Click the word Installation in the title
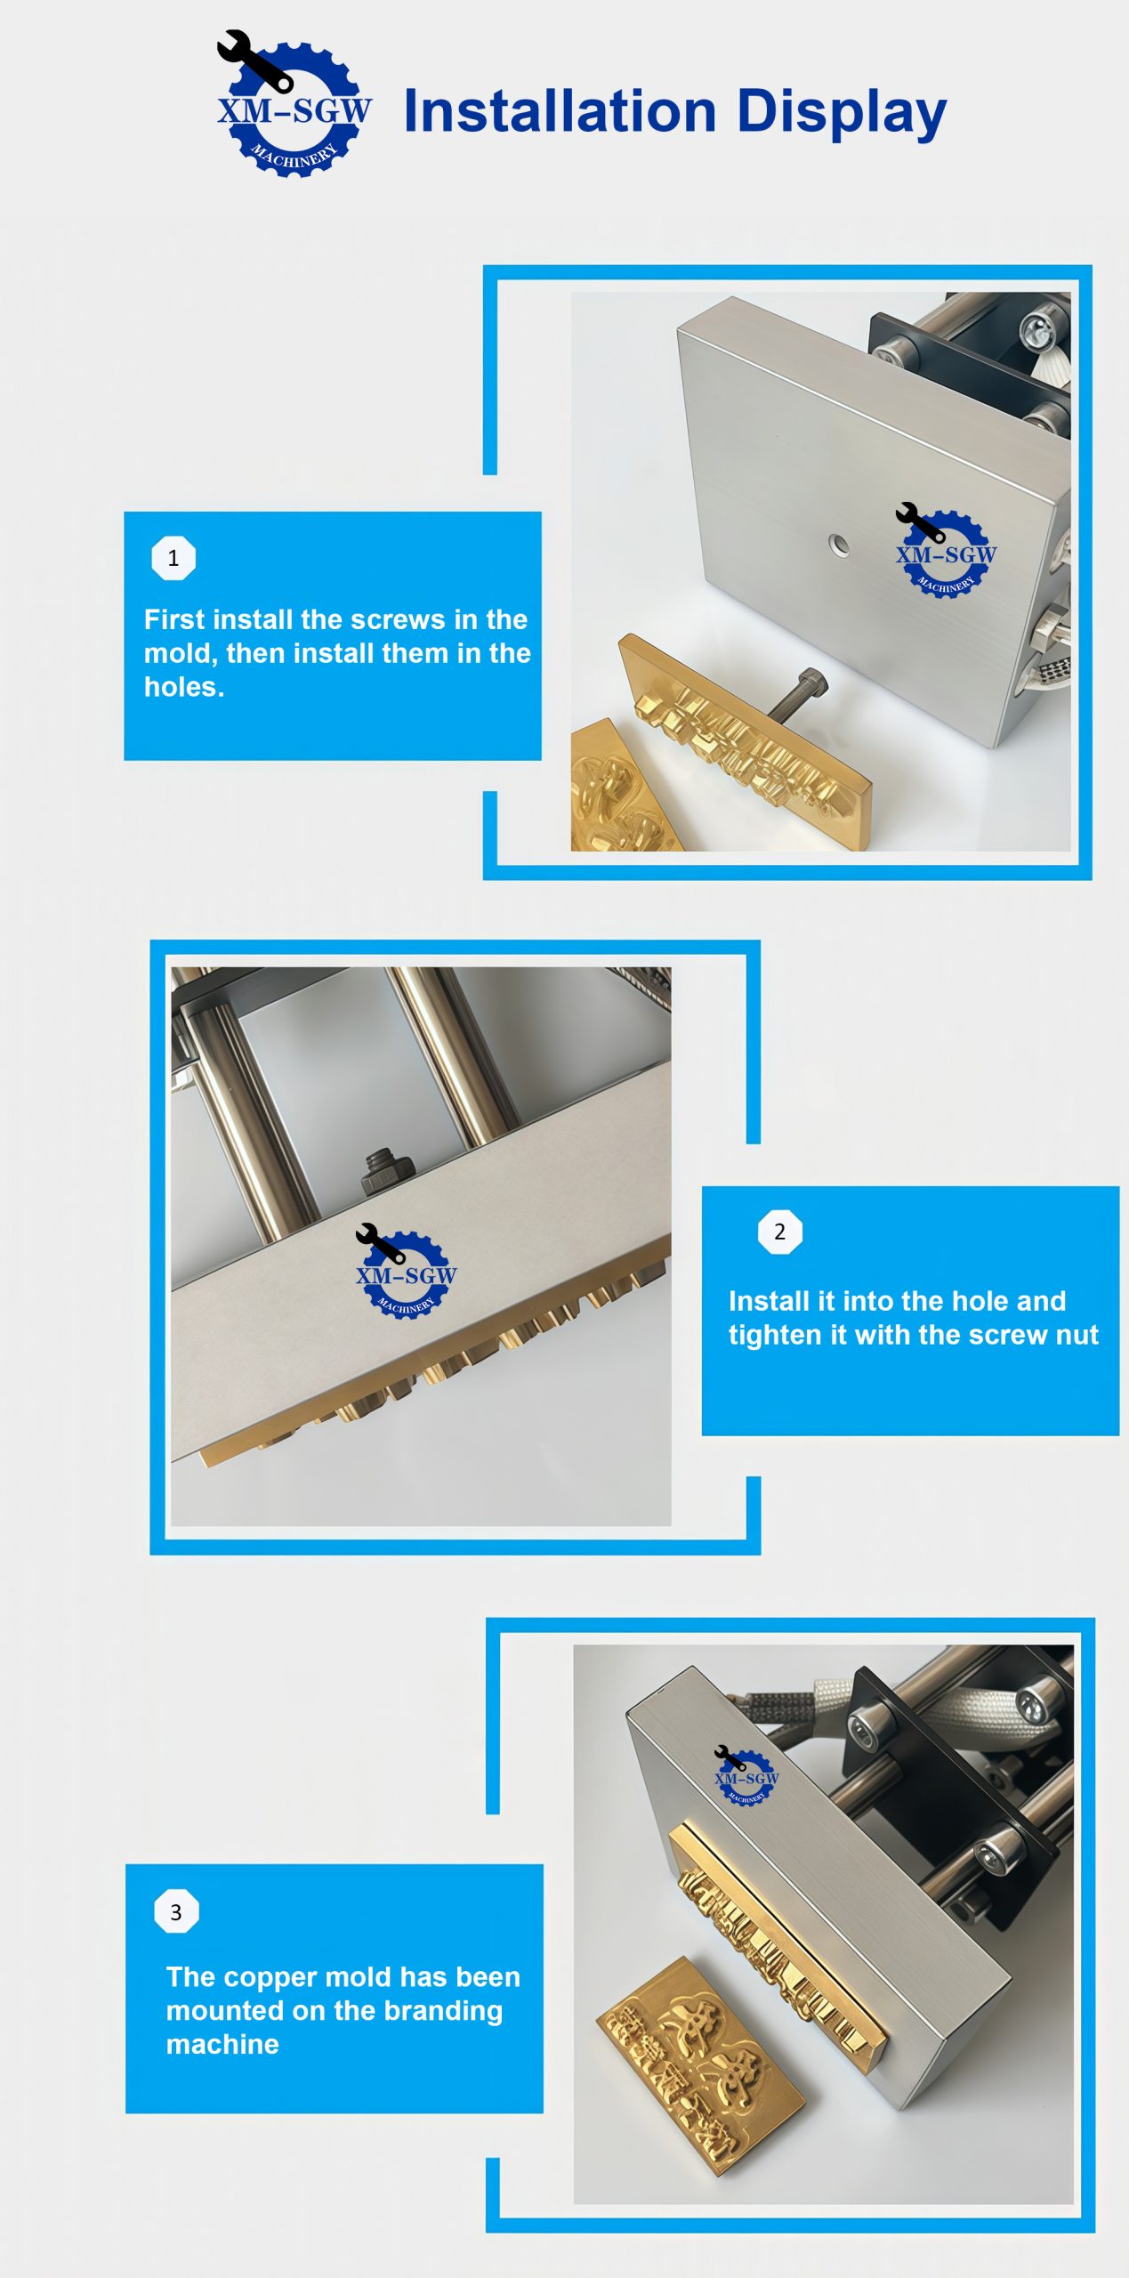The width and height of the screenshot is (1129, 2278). pos(560,111)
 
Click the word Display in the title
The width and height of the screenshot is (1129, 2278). pos(842,113)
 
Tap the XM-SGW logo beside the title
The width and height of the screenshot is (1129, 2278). pos(294,104)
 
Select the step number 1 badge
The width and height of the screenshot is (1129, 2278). pos(173,558)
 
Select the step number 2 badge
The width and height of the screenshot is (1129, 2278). pos(779,1232)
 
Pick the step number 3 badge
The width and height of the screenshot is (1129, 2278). pos(176,1911)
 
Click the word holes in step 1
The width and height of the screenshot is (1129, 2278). pos(183,687)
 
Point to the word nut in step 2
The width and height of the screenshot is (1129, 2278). pos(1077,1336)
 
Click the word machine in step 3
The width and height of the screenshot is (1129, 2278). pos(222,2045)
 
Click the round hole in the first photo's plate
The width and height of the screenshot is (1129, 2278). pos(839,544)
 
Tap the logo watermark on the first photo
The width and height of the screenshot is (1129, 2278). pos(945,551)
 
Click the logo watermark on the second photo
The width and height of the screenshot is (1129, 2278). pos(406,1271)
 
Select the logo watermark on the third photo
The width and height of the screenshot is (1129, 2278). pos(746,1775)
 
